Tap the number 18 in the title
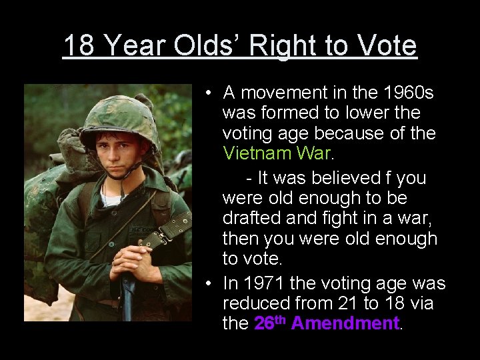point(79,46)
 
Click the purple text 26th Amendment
point(327,323)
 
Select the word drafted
point(253,218)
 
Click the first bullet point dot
point(209,93)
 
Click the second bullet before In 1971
point(209,284)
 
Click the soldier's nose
point(119,151)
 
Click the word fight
point(342,218)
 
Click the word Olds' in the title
point(205,46)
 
